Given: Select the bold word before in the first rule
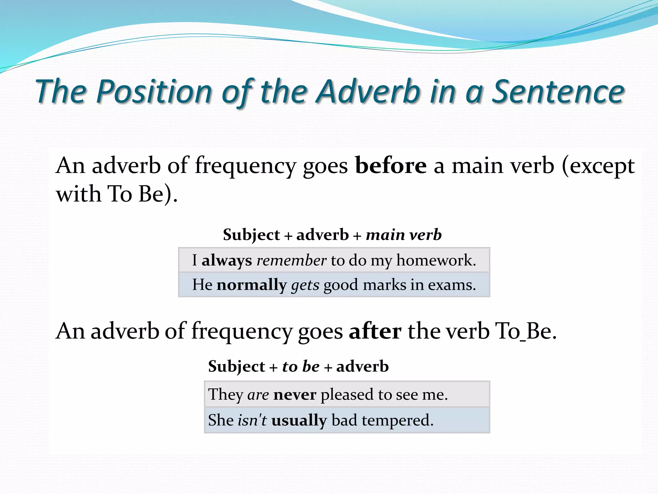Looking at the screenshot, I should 391,166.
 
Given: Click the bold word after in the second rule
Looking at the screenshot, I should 375,331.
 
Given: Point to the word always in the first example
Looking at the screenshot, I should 227,260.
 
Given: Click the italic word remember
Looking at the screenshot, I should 291,260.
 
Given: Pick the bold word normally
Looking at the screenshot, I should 252,285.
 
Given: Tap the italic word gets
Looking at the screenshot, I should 305,285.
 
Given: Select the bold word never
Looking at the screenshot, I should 295,395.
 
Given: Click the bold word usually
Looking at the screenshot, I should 299,420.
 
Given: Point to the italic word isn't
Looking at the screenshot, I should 252,420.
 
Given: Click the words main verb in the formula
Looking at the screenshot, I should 404,235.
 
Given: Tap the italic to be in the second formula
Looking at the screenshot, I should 301,367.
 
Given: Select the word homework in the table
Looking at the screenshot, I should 436,260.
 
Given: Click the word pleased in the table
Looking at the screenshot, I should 347,395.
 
